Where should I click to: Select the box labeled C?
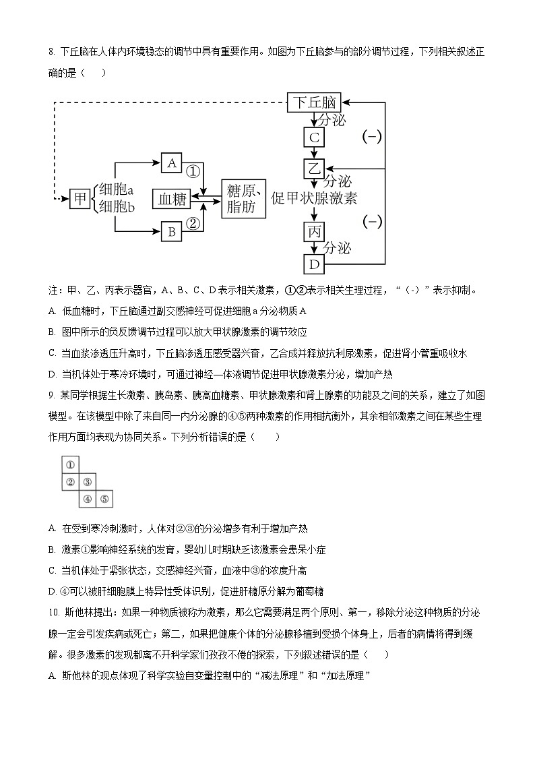pyautogui.click(x=313, y=138)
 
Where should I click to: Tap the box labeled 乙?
pyautogui.click(x=313, y=168)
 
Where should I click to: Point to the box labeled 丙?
pyautogui.click(x=314, y=231)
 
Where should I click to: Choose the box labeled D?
pyautogui.click(x=313, y=264)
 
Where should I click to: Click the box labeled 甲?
pyautogui.click(x=80, y=198)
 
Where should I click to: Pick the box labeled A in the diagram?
pyautogui.click(x=171, y=163)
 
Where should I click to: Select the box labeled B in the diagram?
pyautogui.click(x=171, y=232)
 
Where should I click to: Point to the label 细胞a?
pyautogui.click(x=117, y=189)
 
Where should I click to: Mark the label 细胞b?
pyautogui.click(x=117, y=207)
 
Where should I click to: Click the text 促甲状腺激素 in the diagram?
pyautogui.click(x=314, y=198)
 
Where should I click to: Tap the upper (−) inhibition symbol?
pyautogui.click(x=372, y=137)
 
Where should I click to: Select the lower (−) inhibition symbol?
pyautogui.click(x=372, y=221)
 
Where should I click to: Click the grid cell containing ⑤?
pyautogui.click(x=104, y=499)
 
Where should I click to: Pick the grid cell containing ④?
pyautogui.click(x=87, y=499)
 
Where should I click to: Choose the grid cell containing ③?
pyautogui.click(x=87, y=482)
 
